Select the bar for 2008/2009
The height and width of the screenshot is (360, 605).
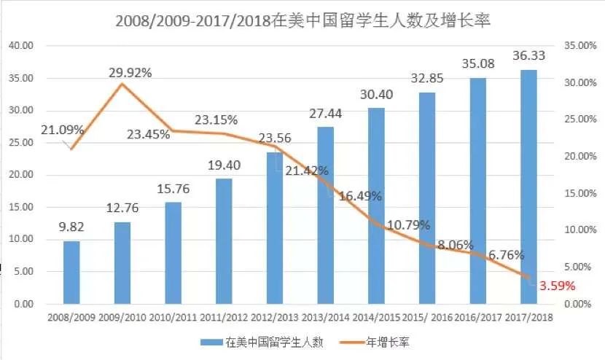pos(71,272)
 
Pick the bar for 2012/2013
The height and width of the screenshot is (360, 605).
pos(275,227)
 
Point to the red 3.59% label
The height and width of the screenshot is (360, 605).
pos(558,286)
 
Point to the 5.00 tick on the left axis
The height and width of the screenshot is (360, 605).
pos(23,272)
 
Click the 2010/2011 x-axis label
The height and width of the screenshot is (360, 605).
pos(173,318)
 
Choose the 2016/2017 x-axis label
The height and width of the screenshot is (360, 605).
pos(478,318)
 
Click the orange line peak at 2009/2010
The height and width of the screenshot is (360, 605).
pos(122,84)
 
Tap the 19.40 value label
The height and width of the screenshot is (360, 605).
pos(225,166)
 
